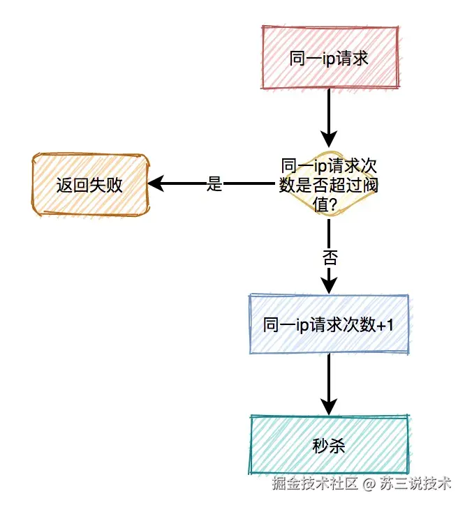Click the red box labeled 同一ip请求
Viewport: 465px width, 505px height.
(x=329, y=58)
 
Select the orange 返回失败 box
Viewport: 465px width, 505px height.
(x=90, y=185)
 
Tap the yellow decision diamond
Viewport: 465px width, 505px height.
(x=329, y=185)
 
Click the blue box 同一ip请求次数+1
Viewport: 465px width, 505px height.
(x=329, y=324)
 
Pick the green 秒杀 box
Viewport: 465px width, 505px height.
(x=329, y=444)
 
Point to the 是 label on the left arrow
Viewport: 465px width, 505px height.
(x=215, y=185)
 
